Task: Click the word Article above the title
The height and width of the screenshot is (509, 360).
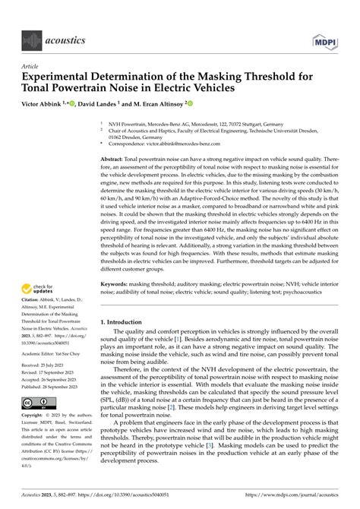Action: coord(30,66)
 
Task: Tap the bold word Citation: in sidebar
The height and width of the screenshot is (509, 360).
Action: coord(33,309)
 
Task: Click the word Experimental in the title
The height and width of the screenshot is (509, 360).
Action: coord(62,77)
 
